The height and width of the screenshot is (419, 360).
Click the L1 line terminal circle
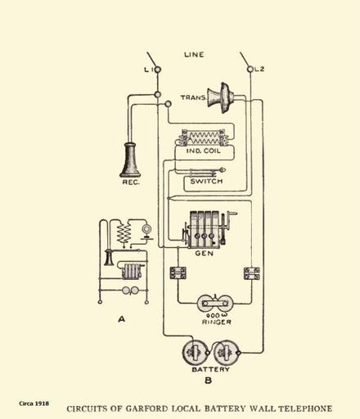coord(158,70)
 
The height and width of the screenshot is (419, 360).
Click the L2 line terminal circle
coord(250,70)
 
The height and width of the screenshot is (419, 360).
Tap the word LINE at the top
coord(194,55)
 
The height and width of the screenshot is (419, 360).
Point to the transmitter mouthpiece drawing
coord(221,97)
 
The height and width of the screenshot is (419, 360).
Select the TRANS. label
coord(193,97)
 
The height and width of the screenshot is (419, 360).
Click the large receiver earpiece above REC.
coord(130,160)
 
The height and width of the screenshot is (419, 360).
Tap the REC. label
coord(131,182)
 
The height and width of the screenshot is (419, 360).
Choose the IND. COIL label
coord(204,151)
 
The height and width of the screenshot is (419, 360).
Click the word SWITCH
coord(206,181)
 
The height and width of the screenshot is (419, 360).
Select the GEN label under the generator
coord(205,254)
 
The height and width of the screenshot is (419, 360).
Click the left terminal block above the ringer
coord(178,273)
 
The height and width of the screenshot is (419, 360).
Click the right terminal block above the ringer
coord(251,273)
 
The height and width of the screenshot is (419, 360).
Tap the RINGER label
coord(217,322)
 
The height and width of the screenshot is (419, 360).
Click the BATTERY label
coord(211,369)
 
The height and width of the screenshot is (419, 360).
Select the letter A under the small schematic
coord(122,318)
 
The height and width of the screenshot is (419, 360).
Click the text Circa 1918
coord(34,403)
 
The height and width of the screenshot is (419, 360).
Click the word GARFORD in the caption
coord(147,408)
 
